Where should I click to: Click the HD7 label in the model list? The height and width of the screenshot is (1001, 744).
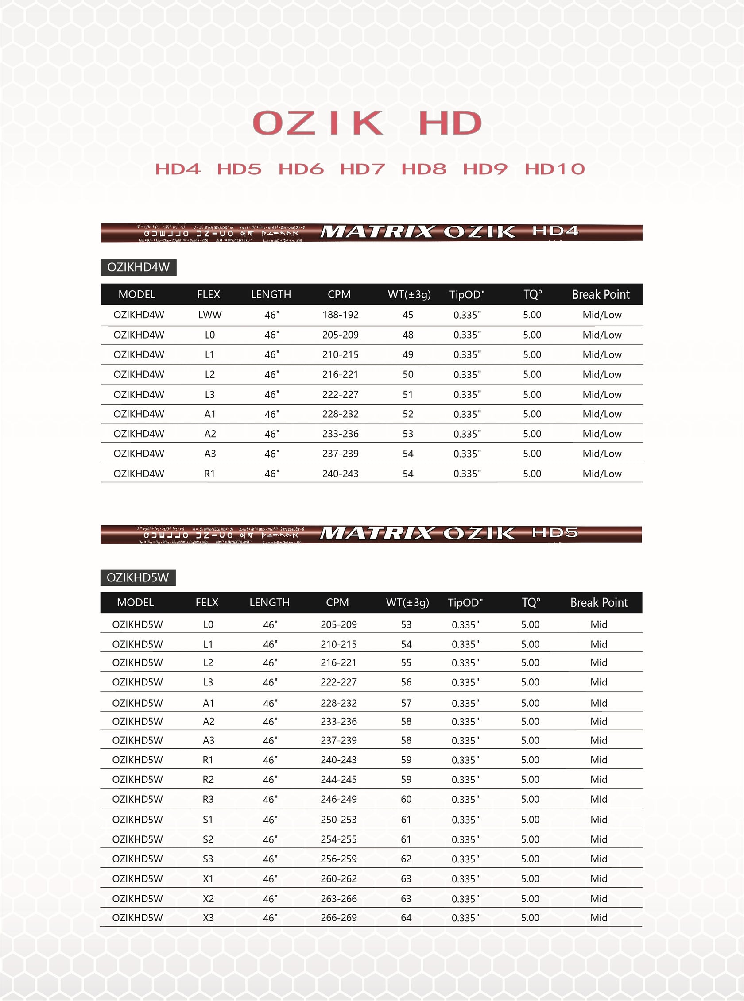coord(362,169)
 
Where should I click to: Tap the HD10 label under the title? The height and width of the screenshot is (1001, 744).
coord(554,169)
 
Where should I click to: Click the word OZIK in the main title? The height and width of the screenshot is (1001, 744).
coord(318,123)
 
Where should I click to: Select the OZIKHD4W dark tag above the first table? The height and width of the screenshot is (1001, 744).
coord(138,267)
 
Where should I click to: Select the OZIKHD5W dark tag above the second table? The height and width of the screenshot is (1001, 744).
coord(138,577)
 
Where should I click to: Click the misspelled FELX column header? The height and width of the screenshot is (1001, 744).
coord(207,602)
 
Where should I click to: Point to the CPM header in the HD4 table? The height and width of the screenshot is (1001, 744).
coord(339,294)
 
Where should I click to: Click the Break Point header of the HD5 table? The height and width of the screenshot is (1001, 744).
coord(599,602)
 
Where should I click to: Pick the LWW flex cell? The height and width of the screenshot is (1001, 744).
coord(209,315)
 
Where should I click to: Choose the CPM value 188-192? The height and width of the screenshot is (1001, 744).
coord(340,315)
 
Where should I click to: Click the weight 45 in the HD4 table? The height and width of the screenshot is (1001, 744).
coord(407,315)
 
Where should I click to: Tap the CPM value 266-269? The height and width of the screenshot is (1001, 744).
coord(338,918)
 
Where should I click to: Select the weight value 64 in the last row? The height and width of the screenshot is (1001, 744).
coord(406,918)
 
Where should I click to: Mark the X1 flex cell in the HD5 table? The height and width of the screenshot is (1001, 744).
coord(208,878)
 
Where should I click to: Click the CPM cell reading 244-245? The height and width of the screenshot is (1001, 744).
coord(338,779)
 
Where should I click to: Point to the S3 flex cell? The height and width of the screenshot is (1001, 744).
coord(208,859)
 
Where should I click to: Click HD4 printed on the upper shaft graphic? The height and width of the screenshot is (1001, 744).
coord(555,231)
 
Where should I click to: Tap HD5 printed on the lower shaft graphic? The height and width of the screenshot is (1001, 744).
coord(554,533)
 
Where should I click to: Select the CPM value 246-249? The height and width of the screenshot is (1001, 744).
coord(338,799)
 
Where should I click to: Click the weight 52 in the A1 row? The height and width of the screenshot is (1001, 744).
coord(407,414)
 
